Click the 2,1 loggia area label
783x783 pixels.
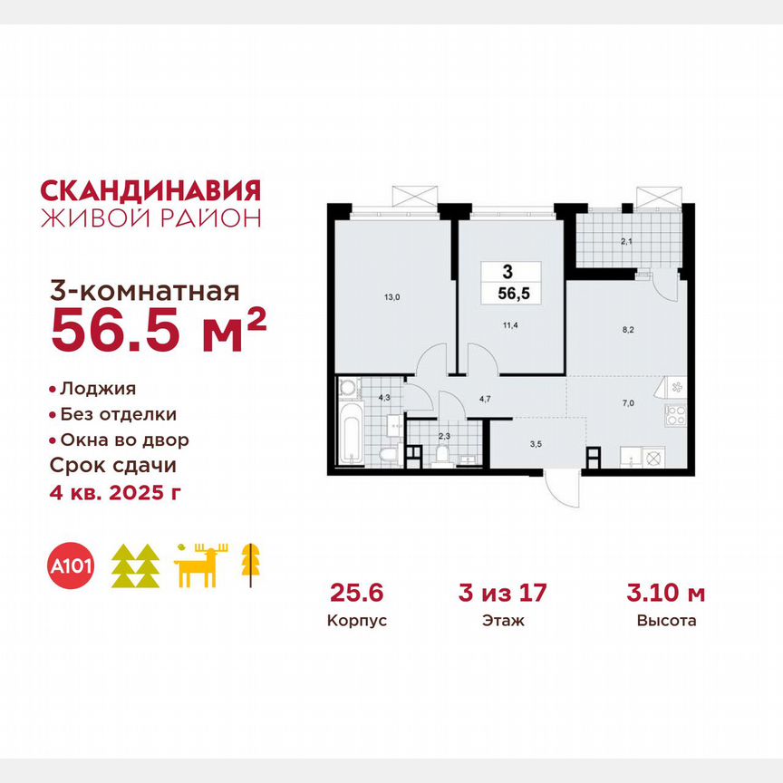point(626,241)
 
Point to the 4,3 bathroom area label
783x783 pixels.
point(383,396)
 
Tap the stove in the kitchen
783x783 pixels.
point(676,417)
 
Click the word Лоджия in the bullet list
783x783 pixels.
point(98,389)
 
